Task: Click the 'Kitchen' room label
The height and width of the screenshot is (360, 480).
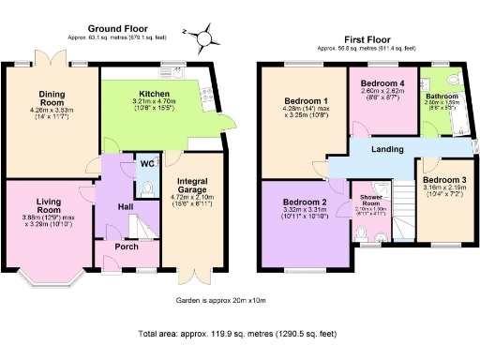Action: click(154, 95)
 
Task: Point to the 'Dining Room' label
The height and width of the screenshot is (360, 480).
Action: click(51, 97)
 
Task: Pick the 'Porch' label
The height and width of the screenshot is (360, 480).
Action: click(126, 247)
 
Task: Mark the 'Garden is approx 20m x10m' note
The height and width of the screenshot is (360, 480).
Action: click(220, 300)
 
